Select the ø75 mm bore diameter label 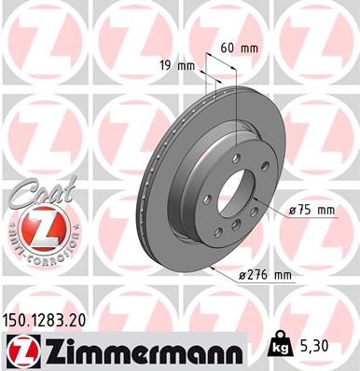pyautogui.click(x=312, y=211)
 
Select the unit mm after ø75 pyautogui.click(x=325, y=211)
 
